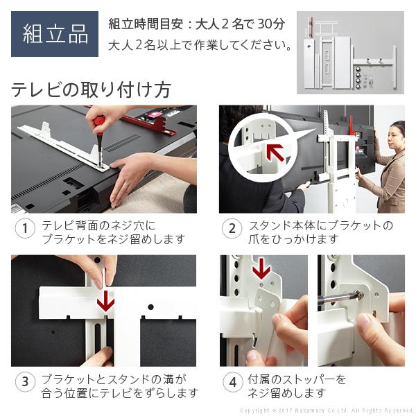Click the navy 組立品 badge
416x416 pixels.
tap(55, 34)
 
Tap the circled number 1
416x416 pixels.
tap(25, 228)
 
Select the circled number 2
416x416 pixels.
tap(232, 228)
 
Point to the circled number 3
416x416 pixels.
tap(25, 382)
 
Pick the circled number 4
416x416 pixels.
tap(233, 382)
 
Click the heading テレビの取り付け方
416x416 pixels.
tap(91, 89)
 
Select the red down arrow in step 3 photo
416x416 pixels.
tap(105, 301)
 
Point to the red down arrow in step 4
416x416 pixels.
tap(261, 269)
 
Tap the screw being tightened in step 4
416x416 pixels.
tap(360, 295)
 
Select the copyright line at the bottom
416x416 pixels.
tap(327, 410)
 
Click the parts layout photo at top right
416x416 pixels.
tap(350, 53)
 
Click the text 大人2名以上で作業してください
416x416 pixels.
tap(200, 45)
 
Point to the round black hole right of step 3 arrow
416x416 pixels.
tap(150, 307)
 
